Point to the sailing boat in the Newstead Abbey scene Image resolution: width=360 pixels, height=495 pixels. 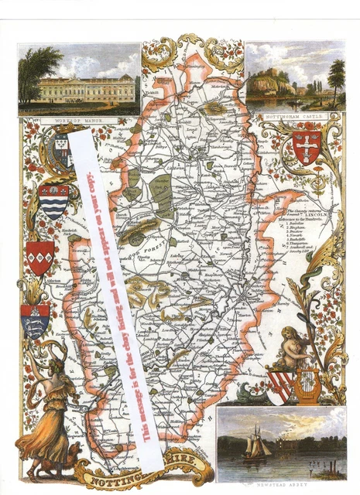click(x=256, y=445)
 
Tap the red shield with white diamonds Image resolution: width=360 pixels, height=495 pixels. click(x=40, y=258)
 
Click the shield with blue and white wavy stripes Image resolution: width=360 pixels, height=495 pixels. click(x=53, y=201)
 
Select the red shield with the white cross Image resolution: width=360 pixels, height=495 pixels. click(x=307, y=147)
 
